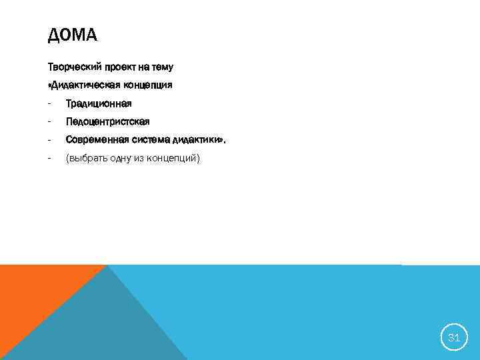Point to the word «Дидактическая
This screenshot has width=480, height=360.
[82, 85]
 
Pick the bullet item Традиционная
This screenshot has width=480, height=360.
[99, 103]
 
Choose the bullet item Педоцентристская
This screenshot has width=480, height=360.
[107, 121]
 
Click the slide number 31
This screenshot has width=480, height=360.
[454, 337]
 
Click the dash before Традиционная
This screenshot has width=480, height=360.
[49, 103]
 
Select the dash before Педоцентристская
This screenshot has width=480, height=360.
[49, 121]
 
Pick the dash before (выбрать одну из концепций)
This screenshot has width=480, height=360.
[49, 158]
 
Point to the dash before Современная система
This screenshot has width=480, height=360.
[49, 140]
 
